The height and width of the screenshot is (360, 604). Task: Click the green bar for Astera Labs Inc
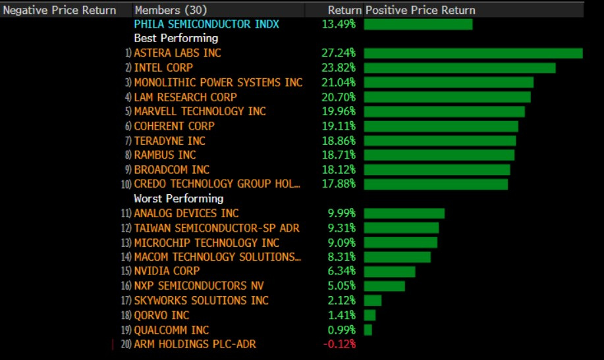pos(473,53)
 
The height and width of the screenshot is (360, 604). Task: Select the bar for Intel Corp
pos(459,68)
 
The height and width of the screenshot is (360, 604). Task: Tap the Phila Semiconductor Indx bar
pos(418,24)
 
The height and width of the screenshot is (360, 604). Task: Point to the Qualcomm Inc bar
pos(368,330)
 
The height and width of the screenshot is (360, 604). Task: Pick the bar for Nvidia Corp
pos(389,271)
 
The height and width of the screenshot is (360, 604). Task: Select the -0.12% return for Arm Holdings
pos(339,344)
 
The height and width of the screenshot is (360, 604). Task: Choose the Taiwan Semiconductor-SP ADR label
pos(216,228)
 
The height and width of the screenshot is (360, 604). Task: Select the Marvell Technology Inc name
pos(200,111)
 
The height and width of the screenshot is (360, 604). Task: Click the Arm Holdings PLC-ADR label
pos(195,344)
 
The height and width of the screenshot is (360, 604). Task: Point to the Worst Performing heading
pos(178,199)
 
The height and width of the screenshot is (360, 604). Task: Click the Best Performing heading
pos(175,39)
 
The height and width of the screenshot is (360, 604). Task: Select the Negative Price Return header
pos(60,11)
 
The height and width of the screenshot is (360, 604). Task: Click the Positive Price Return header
pos(420,11)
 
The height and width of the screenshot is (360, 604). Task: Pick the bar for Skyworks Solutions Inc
pos(372,301)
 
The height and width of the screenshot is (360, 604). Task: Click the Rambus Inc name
pos(165,155)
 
